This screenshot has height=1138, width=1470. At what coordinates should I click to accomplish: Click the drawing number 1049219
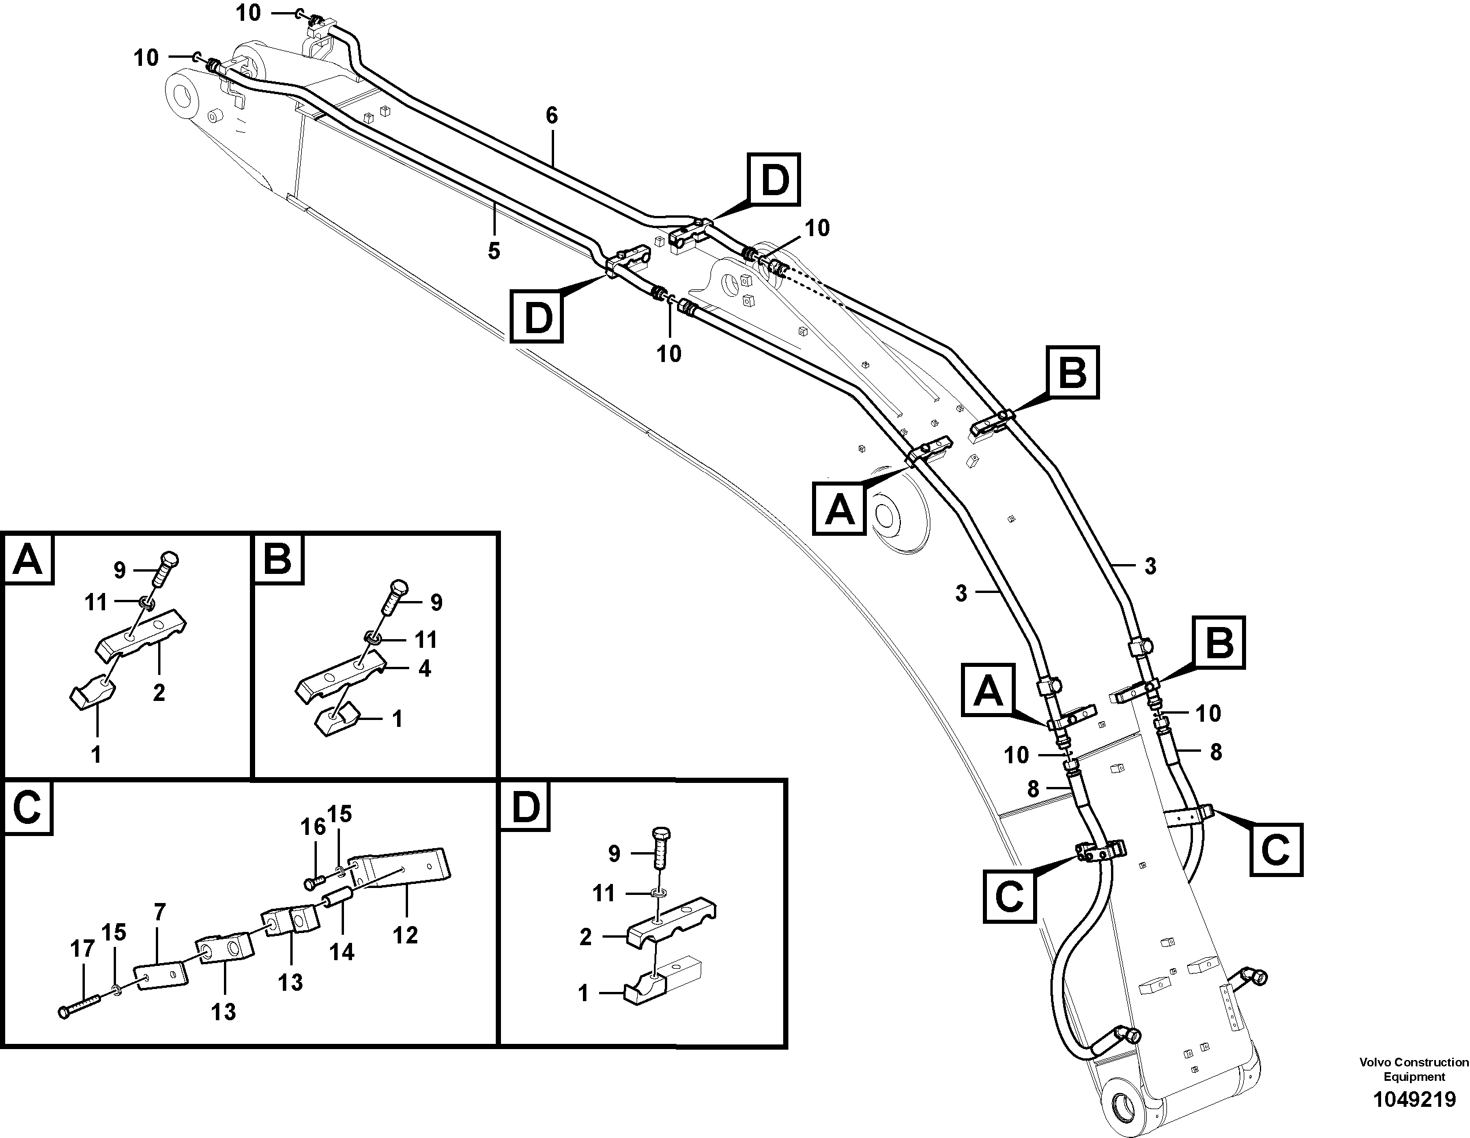coord(1413,1100)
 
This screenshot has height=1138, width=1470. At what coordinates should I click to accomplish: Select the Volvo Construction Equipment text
coord(1413,1069)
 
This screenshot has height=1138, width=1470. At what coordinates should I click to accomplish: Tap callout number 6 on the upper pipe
coord(551,116)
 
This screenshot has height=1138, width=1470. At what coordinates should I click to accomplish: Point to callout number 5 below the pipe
coord(493,251)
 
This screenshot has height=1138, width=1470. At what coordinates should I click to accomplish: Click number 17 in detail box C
coord(82,949)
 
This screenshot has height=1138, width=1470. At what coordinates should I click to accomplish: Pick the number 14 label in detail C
coord(341,952)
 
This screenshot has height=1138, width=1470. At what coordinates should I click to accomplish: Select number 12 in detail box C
coord(405,935)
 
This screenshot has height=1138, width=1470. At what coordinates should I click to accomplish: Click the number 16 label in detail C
coord(312,827)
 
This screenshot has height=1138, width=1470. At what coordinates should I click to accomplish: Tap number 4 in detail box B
coord(424,669)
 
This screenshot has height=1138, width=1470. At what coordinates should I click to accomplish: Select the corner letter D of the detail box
coord(525,807)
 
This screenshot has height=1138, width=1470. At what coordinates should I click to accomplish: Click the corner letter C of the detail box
coord(28,807)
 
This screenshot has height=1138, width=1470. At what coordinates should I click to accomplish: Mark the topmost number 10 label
coord(248,13)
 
